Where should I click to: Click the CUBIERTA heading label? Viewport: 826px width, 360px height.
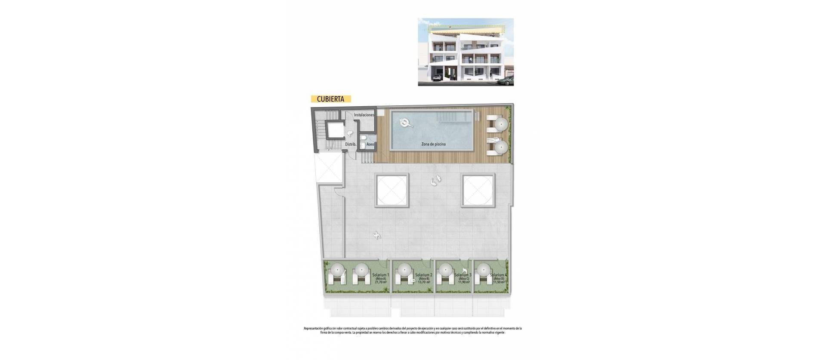click(x=330, y=99)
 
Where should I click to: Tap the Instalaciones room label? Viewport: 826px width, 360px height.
click(x=364, y=115)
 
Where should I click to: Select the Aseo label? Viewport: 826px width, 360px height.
click(x=370, y=145)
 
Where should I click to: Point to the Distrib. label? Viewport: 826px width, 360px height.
click(x=351, y=145)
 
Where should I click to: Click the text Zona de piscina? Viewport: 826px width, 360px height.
click(x=433, y=145)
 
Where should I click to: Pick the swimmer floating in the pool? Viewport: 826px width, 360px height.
click(x=405, y=123)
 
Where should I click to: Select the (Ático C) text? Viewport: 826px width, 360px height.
click(x=463, y=279)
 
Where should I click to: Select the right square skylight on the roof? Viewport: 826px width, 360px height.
click(x=478, y=189)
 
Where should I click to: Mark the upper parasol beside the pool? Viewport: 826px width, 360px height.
click(x=500, y=124)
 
